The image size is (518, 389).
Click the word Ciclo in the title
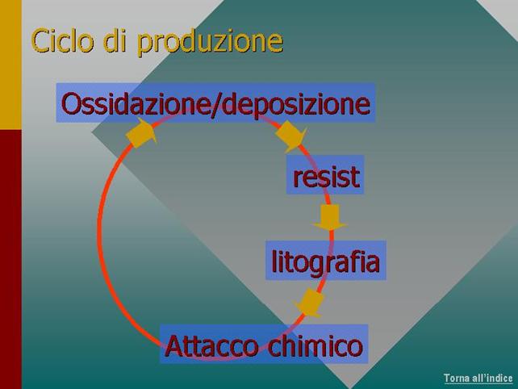62,40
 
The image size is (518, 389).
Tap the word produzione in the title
210,43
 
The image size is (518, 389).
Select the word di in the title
115,40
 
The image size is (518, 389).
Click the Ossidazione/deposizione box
215,102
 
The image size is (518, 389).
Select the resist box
325,174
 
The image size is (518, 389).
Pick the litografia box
326,261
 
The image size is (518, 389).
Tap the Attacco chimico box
264,344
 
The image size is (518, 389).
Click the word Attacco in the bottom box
211,345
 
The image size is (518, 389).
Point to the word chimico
315,345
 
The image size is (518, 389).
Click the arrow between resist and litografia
330,217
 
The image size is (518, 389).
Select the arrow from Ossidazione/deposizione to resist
290,136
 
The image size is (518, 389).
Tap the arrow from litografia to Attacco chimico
310,303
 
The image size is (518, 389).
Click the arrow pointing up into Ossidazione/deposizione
141,133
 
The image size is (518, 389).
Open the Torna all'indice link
478,378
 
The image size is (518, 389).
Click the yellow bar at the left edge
10,65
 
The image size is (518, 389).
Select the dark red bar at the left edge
10,259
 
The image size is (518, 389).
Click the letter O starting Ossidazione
70,104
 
